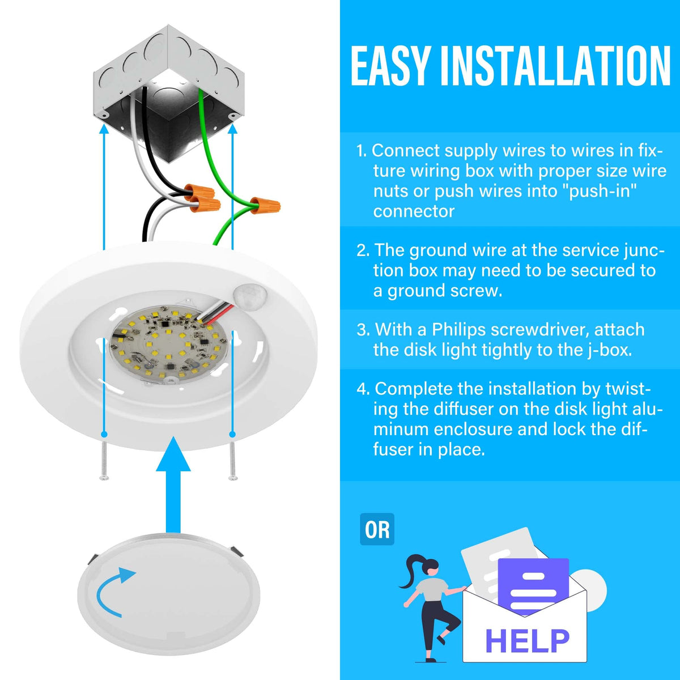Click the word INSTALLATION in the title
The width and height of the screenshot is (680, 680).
click(x=555, y=66)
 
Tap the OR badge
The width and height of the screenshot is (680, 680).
click(x=377, y=530)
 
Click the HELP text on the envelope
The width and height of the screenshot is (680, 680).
click(x=527, y=640)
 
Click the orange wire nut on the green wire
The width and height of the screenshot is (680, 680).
click(x=265, y=205)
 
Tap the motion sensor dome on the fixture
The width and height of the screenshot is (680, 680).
click(x=249, y=293)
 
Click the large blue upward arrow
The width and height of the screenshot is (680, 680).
click(x=173, y=484)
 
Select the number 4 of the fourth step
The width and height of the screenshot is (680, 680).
click(x=362, y=389)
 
